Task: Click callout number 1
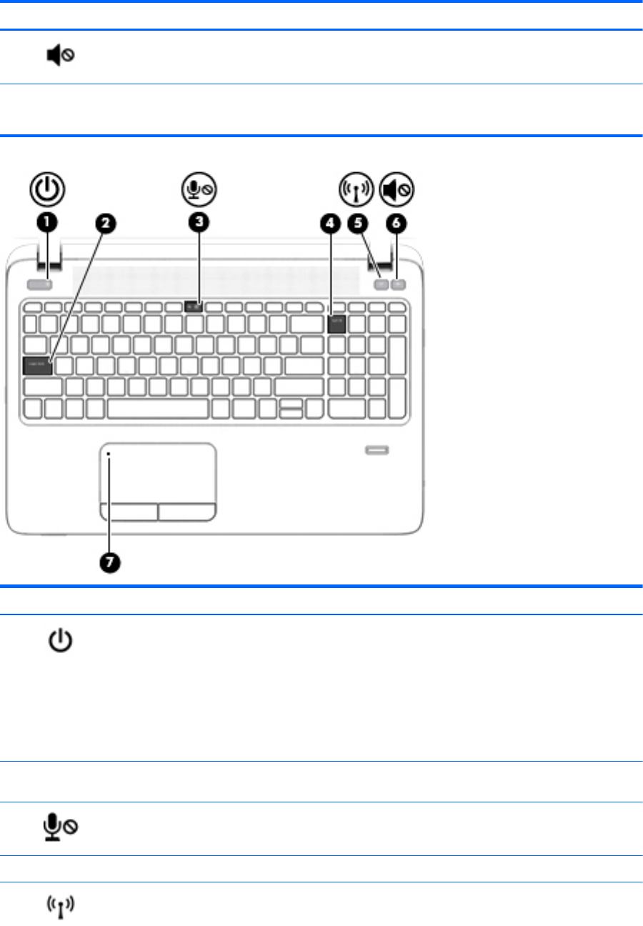pos(47,223)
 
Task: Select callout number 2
pos(104,223)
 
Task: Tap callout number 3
pos(199,223)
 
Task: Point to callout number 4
pos(329,223)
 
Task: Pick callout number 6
pos(397,223)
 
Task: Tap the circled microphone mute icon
pos(198,190)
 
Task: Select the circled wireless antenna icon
pos(355,190)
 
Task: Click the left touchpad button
pos(129,512)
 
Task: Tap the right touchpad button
pos(187,512)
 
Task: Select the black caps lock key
pos(38,367)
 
